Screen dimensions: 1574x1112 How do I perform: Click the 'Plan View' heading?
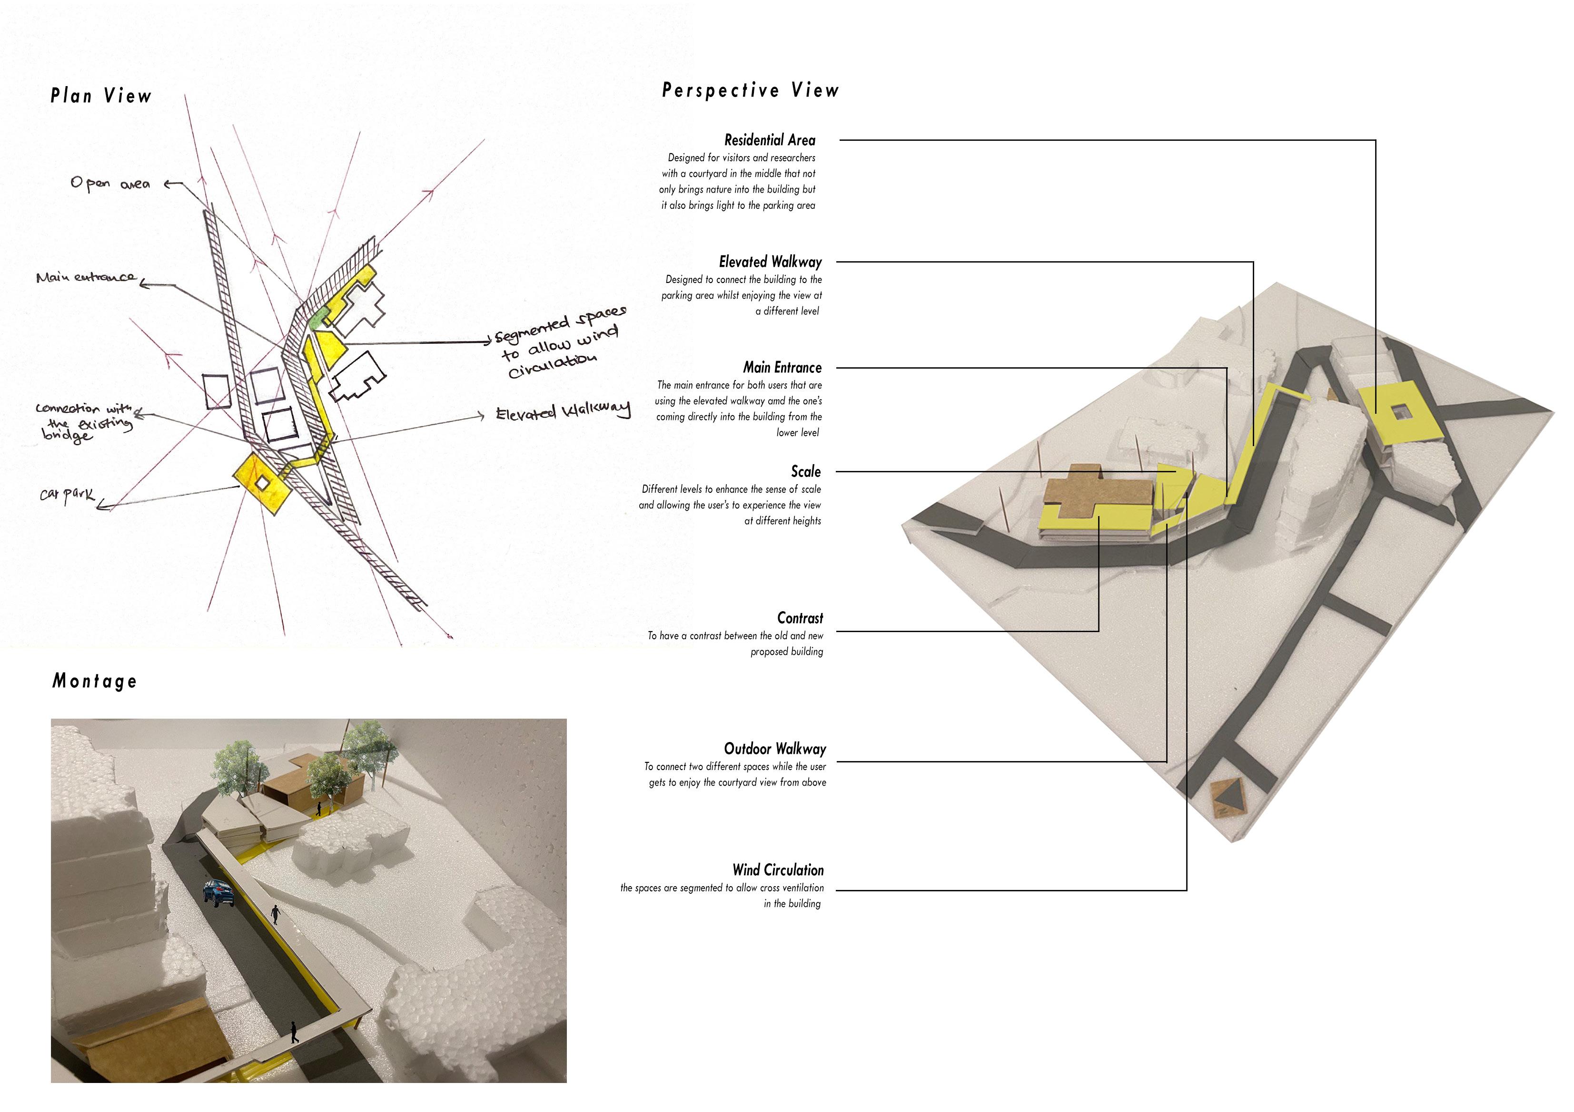pyautogui.click(x=101, y=96)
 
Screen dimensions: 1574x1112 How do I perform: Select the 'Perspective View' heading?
pyautogui.click(x=750, y=90)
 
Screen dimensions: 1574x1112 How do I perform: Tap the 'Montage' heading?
pyautogui.click(x=95, y=681)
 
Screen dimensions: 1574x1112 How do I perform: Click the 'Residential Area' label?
pyautogui.click(x=769, y=140)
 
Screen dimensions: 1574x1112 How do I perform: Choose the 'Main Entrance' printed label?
pyautogui.click(x=782, y=368)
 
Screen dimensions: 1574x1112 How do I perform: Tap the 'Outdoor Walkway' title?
pyautogui.click(x=775, y=749)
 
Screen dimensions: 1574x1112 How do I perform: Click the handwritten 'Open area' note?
pyautogui.click(x=109, y=184)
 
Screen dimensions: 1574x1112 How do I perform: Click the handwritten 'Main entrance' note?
pyautogui.click(x=86, y=277)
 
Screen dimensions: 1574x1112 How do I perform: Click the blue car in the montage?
pyautogui.click(x=218, y=893)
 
